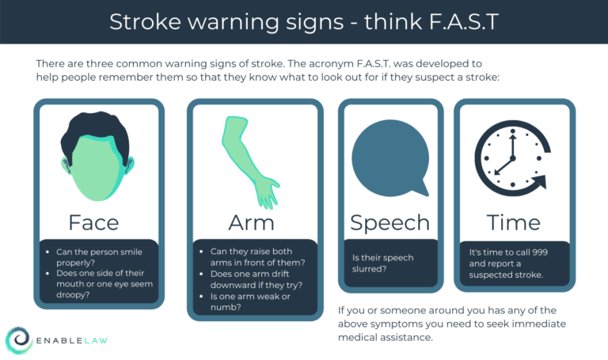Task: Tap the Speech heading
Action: [x=389, y=222]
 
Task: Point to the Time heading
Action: [x=513, y=222]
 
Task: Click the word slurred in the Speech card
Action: [x=370, y=270]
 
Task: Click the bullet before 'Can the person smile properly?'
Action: [x=47, y=252]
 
